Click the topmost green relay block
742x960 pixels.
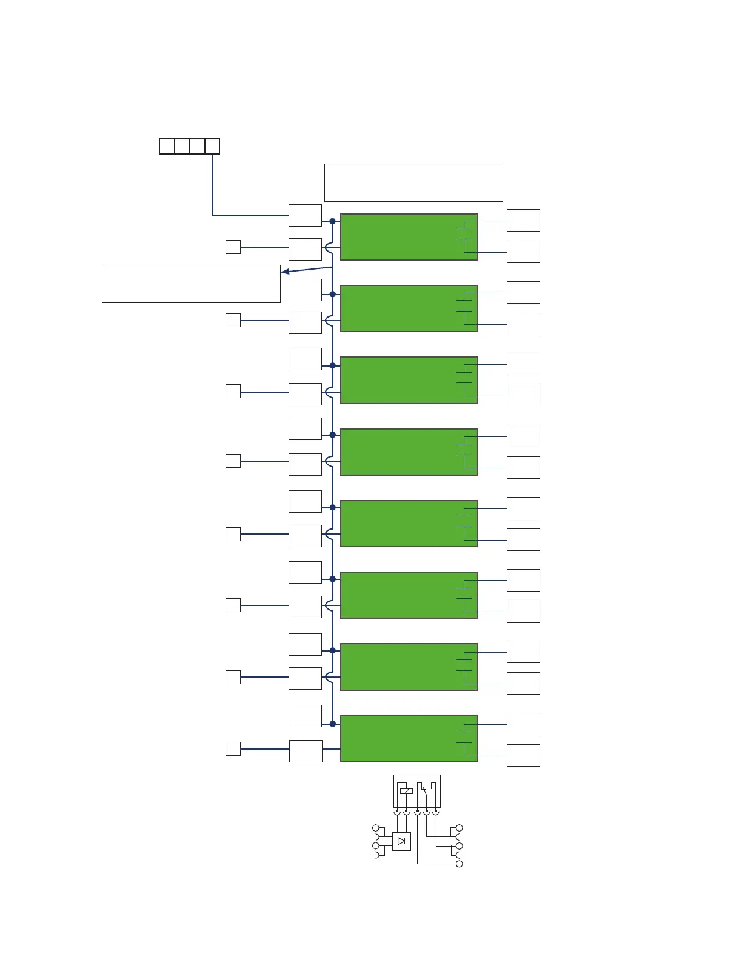tap(409, 237)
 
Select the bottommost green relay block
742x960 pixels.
tap(409, 738)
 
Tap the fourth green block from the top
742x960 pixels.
tap(409, 452)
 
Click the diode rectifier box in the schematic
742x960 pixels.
tap(401, 841)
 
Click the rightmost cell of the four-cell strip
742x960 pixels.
tap(212, 146)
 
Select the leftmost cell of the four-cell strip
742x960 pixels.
tap(167, 146)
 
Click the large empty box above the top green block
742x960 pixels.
tap(413, 182)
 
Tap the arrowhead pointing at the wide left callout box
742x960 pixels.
tap(285, 272)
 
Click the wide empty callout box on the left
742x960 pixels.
tap(191, 284)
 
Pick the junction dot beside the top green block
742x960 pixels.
tap(332, 221)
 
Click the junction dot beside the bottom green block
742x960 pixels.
tap(332, 724)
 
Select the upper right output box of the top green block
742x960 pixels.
tap(523, 220)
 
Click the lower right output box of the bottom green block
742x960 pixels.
tap(523, 755)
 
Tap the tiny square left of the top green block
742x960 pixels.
tap(233, 247)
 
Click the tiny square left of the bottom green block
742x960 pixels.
tap(233, 748)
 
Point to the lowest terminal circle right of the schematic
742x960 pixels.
tap(460, 864)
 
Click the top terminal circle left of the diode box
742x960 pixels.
tap(376, 828)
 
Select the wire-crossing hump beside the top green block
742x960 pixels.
tap(328, 248)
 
